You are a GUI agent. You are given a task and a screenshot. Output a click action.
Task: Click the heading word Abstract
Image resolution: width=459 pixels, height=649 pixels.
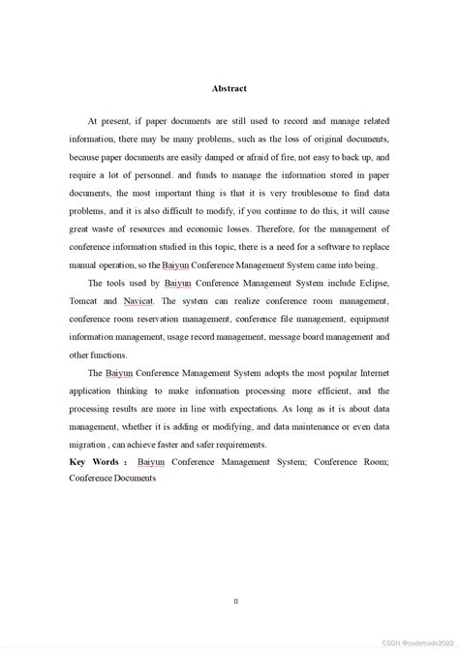229,88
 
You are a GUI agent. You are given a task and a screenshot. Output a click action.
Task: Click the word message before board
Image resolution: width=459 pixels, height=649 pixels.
291,337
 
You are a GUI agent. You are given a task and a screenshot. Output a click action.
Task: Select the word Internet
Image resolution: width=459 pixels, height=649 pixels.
369,373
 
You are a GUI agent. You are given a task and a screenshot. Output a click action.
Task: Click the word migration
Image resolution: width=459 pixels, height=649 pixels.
89,445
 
